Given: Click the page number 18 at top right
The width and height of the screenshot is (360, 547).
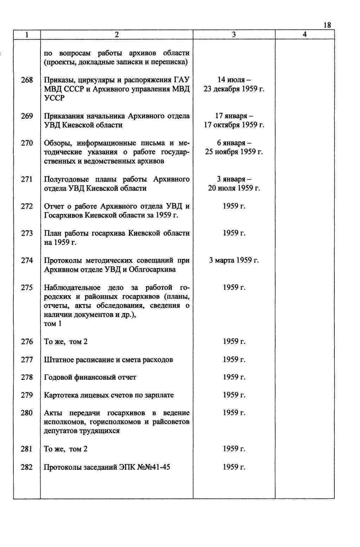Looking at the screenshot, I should pos(327,25).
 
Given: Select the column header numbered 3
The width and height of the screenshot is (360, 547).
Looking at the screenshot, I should pos(234,34).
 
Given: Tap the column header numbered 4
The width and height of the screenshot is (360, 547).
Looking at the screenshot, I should pos(305,34).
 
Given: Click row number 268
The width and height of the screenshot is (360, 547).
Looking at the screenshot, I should pos(27,80).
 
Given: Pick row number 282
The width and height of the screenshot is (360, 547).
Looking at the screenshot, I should pos(27,467).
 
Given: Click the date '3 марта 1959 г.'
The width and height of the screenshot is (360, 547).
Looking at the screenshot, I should pos(234,260).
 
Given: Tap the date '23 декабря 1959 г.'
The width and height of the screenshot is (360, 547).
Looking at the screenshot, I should pos(234,89).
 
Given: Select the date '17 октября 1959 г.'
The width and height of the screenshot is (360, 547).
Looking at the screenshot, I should pos(234,125).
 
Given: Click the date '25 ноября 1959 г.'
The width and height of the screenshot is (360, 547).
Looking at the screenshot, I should pos(234,152).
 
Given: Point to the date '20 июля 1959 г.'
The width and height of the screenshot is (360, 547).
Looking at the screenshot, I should pos(234,188).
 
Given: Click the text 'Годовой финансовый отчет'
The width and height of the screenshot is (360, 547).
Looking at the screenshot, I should pos(90,377).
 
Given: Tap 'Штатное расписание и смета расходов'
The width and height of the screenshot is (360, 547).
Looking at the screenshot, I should pos(108,360).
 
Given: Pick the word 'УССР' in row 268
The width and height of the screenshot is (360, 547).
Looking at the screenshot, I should pos(54,98).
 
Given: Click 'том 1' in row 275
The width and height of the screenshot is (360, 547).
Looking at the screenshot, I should pos(53,324).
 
